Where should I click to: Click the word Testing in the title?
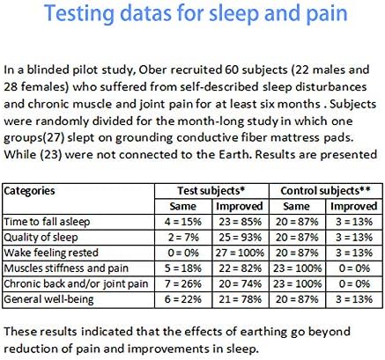[x=79, y=14]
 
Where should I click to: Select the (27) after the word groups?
[x=54, y=137]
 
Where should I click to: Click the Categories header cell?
[x=29, y=191]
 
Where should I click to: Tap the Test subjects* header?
[x=211, y=191]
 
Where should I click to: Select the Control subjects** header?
[x=325, y=191]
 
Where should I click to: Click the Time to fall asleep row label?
[x=47, y=222]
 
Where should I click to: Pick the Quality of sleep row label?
[x=41, y=238]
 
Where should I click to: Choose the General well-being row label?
[x=48, y=299]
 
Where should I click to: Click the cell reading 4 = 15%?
[x=183, y=222]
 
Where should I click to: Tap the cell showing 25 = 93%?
[x=240, y=238]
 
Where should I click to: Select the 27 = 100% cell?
[x=240, y=253]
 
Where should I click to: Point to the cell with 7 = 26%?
[x=183, y=284]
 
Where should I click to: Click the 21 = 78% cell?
[x=240, y=299]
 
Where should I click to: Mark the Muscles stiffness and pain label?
[x=66, y=268]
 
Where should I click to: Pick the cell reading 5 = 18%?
[x=183, y=268]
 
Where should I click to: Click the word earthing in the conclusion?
[x=263, y=332]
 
